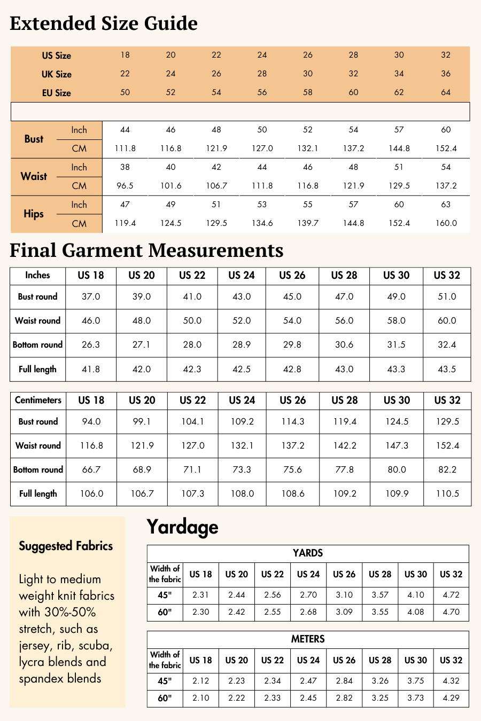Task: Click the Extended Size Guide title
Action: click(104, 23)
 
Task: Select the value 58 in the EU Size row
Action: click(308, 92)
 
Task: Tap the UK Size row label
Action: click(56, 74)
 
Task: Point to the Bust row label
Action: click(34, 139)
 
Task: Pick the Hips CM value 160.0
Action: click(446, 223)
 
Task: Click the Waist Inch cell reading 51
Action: click(399, 167)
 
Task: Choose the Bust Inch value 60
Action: click(446, 130)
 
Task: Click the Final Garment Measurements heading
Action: click(146, 250)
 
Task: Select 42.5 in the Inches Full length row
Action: click(242, 369)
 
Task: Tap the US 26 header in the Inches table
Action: click(292, 276)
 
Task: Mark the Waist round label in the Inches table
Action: click(37, 320)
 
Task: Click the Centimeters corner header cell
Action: click(38, 400)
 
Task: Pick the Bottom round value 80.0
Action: click(397, 469)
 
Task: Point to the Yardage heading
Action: click(182, 527)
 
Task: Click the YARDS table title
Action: click(308, 553)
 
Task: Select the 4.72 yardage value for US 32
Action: click(451, 595)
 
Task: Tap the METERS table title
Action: click(308, 639)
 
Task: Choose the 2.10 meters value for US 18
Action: click(201, 698)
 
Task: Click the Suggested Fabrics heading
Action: click(66, 546)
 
